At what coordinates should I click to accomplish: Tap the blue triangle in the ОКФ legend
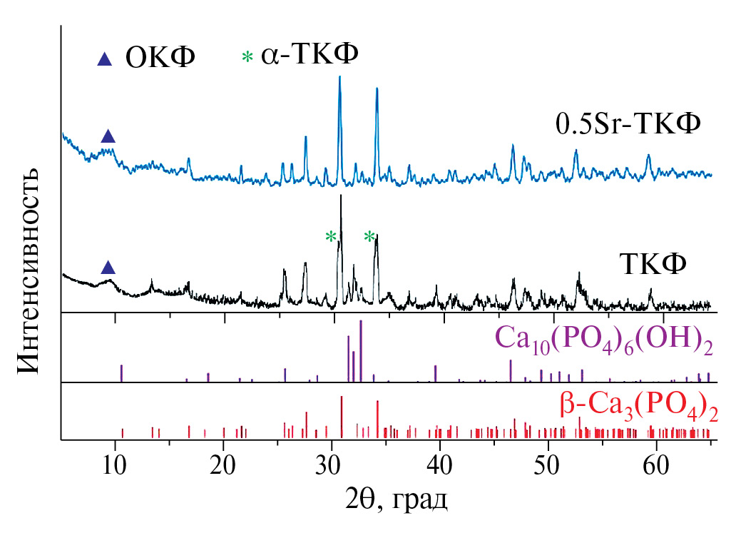[x=106, y=59]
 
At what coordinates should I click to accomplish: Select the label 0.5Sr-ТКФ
[x=629, y=124]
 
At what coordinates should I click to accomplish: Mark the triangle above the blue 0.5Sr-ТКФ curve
[x=108, y=136]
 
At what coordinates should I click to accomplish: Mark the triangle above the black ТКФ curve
[x=108, y=268]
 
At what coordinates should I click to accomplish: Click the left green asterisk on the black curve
[x=331, y=237]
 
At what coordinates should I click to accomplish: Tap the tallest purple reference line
[x=362, y=350]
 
